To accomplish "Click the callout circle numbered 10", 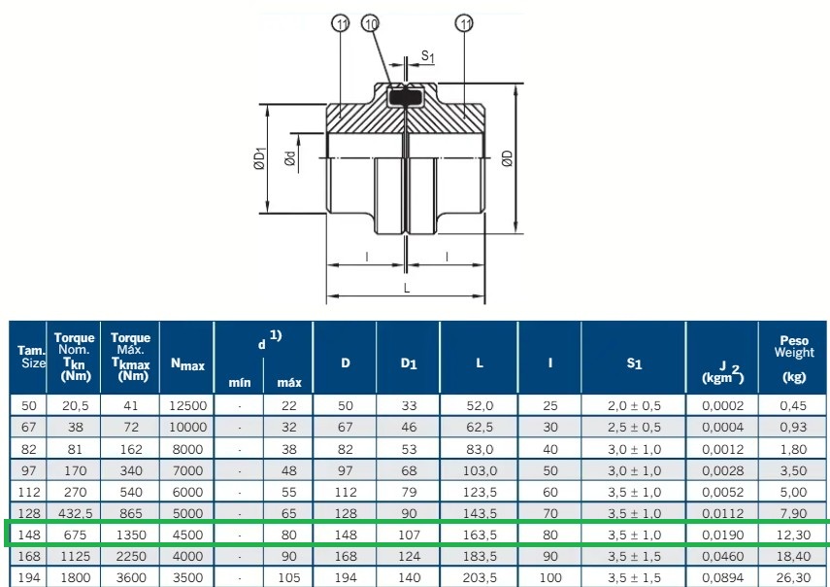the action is tap(371, 23).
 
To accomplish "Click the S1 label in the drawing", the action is tap(428, 56).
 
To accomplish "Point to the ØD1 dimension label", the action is tap(259, 158).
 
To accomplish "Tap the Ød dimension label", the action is tap(290, 158).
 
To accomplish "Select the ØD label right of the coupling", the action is tap(507, 158).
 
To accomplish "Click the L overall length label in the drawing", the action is tap(407, 289).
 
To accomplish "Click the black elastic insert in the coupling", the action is tap(406, 97).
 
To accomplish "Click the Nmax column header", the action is tap(187, 364).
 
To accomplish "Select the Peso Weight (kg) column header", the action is tap(793, 359).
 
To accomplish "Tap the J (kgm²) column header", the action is tap(722, 372).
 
